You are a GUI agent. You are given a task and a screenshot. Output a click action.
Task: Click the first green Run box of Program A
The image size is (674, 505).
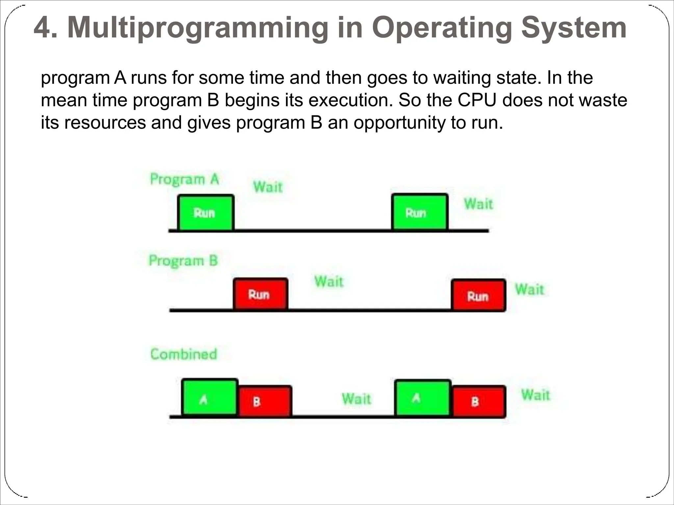(206, 213)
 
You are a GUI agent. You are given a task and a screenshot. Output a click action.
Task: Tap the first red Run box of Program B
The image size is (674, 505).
(260, 294)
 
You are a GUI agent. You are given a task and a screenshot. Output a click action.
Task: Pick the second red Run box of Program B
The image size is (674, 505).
(478, 295)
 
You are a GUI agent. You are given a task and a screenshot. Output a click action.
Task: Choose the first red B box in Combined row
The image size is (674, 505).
(265, 401)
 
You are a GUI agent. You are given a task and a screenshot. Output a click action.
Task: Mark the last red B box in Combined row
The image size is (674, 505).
(479, 401)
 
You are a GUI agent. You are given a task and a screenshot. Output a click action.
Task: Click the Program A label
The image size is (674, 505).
(184, 180)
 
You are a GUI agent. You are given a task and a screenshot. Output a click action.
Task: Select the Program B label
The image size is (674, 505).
(183, 261)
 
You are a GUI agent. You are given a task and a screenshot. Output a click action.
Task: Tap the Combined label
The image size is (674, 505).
(184, 354)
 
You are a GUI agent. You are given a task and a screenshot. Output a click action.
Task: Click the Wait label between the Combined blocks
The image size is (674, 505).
(356, 399)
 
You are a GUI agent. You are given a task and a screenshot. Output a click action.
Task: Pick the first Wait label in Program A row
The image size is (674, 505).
(268, 187)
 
